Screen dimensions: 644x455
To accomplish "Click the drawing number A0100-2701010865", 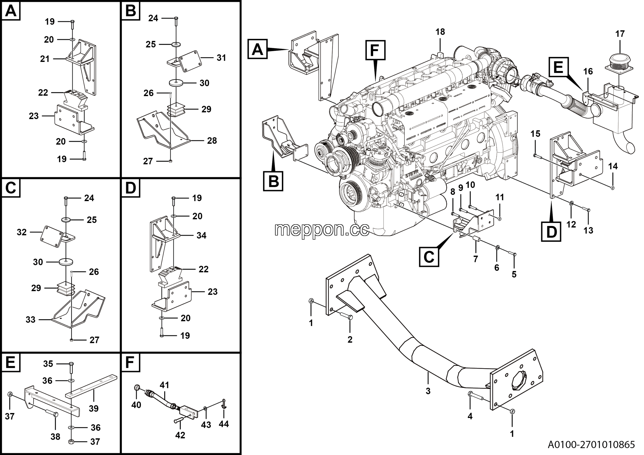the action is coord(591,444).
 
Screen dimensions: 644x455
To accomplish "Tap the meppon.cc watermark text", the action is coord(322,230).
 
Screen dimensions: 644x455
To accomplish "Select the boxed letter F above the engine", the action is coord(375,51).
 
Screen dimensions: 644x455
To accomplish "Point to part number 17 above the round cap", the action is coord(620,34).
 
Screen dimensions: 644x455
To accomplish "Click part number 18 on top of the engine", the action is coord(440,32).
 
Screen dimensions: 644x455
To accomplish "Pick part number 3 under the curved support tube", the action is coord(428,391).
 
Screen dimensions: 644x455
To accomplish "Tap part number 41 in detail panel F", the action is coord(165,385).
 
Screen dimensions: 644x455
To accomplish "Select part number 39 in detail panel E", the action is coord(93,408).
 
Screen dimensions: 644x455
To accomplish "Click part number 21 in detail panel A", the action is coord(45,59).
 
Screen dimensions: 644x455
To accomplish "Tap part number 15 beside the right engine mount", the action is coord(535,134).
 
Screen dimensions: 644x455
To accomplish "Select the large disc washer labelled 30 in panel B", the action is coord(176,83).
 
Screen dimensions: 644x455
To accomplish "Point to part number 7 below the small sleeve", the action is coord(475,259).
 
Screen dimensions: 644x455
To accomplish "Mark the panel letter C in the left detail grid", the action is coord(11,188).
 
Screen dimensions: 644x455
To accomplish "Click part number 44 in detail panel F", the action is coord(224,424).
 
